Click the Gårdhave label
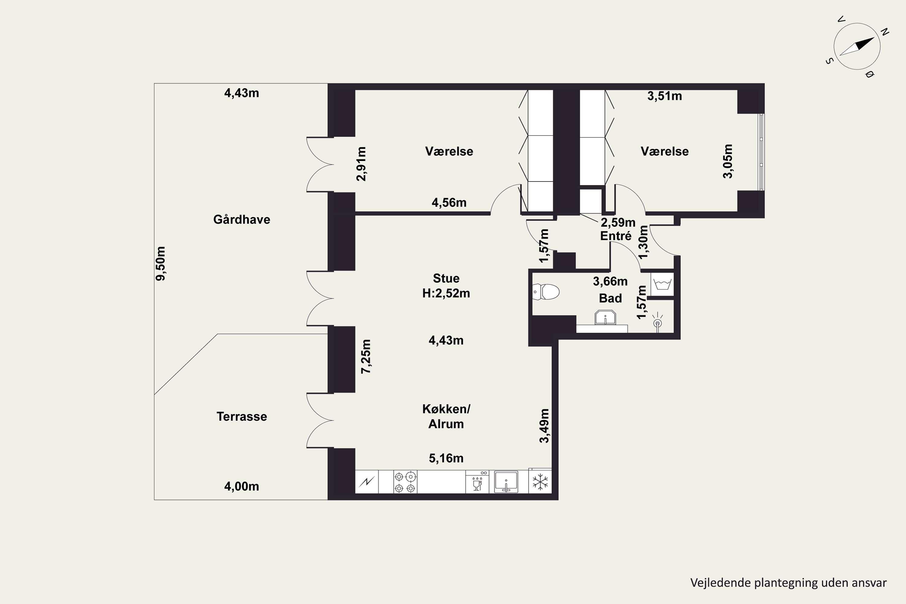tap(242, 220)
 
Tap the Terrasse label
tap(242, 416)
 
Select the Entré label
tap(615, 236)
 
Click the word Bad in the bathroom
tap(610, 298)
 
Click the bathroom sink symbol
tap(605, 317)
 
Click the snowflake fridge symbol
tap(540, 482)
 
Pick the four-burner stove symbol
tap(405, 482)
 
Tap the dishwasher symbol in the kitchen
tap(477, 482)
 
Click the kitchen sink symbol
tap(506, 482)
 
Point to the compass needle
tap(857, 47)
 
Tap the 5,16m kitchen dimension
tap(446, 458)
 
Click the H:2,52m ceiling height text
tap(446, 294)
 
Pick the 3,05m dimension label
tap(728, 161)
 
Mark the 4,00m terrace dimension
tap(242, 487)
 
